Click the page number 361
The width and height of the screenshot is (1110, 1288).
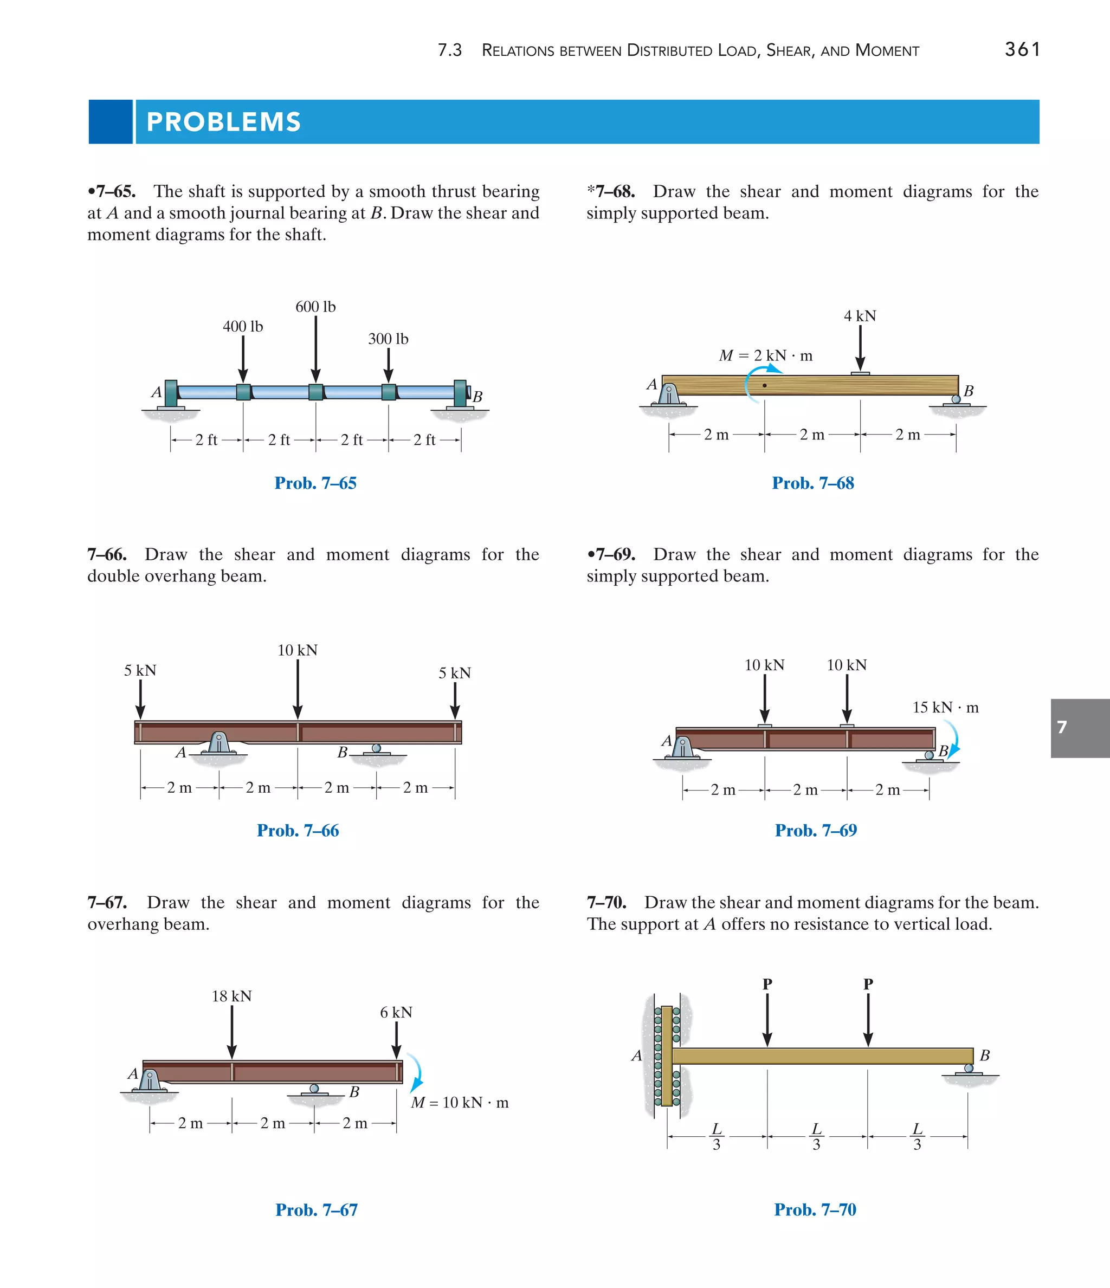point(1022,49)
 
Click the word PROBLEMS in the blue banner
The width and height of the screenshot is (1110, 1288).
point(224,122)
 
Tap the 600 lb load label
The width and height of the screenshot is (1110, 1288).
point(315,307)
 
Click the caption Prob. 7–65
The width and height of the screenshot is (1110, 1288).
point(315,483)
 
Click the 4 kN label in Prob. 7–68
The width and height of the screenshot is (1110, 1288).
point(860,316)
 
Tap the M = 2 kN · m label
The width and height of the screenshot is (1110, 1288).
point(765,355)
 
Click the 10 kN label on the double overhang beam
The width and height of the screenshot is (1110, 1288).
point(297,650)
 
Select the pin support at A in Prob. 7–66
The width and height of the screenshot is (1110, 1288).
point(218,744)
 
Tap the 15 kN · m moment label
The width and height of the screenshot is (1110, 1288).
point(945,708)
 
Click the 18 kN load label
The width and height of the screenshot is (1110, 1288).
point(231,996)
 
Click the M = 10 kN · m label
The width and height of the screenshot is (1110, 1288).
point(460,1103)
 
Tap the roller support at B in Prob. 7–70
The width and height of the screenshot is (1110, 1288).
point(968,1070)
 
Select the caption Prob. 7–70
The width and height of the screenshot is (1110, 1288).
point(815,1209)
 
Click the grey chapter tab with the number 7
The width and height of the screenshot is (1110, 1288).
point(1080,727)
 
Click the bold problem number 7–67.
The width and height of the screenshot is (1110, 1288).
point(107,903)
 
